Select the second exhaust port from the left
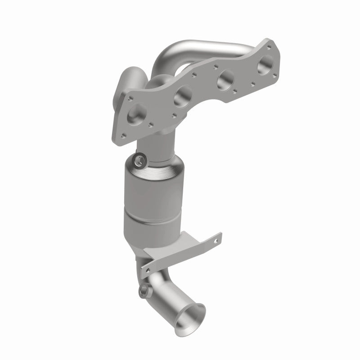click(184, 94)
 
